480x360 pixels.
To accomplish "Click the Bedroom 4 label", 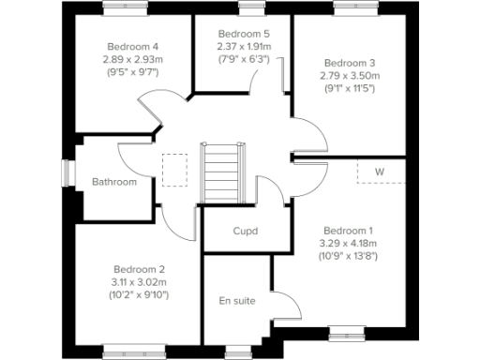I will [x=132, y=46].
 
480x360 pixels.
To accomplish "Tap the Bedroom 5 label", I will [x=237, y=34].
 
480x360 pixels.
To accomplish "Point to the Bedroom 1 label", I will [x=348, y=231].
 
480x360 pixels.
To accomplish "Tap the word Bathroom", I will [x=113, y=182].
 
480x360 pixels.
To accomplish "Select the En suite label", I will [x=236, y=300].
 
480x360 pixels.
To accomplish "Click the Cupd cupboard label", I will [x=245, y=231].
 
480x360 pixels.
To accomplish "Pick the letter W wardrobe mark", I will [x=380, y=172].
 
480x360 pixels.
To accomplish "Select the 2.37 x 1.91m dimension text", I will [x=237, y=46].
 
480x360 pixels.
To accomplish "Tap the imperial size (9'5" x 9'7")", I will [x=132, y=71].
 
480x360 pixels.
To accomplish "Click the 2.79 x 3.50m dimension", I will [x=348, y=75].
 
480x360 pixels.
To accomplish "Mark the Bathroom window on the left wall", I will [x=67, y=174].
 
